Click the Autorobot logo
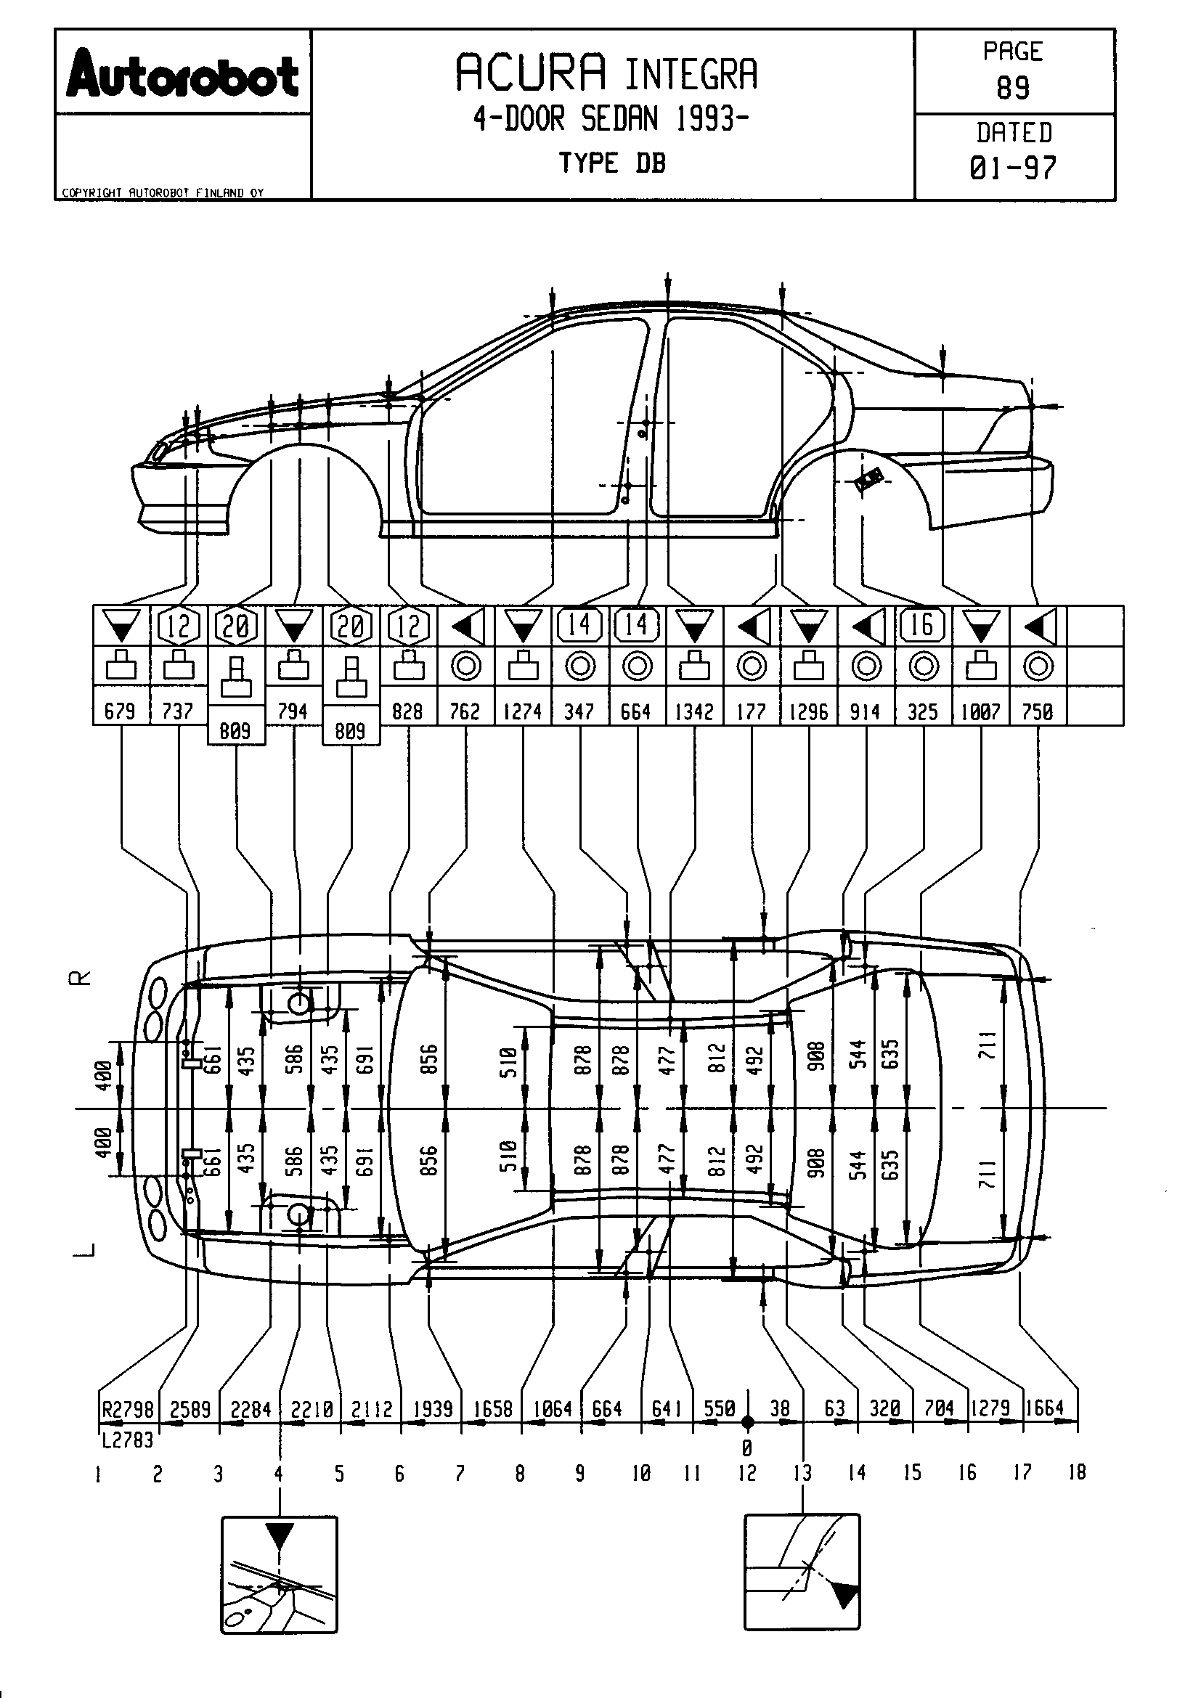point(183,75)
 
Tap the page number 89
point(1013,89)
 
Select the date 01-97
point(1013,168)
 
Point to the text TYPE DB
point(612,163)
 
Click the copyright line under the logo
point(163,193)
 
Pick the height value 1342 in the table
point(693,711)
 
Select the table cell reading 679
point(120,711)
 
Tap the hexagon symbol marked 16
point(922,626)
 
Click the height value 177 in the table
point(752,711)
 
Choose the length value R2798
point(128,1410)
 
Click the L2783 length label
point(128,1440)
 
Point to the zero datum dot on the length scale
point(748,1421)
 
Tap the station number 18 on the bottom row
point(1077,1472)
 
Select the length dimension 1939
point(433,1409)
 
